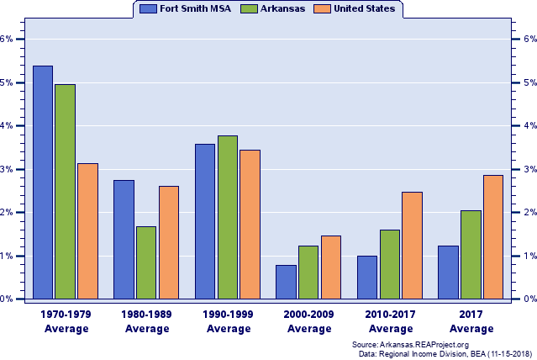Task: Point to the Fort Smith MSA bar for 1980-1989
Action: pyautogui.click(x=124, y=240)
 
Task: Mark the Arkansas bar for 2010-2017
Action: pyautogui.click(x=390, y=264)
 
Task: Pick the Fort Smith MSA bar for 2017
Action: pyautogui.click(x=448, y=273)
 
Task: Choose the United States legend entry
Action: pyautogui.click(x=355, y=8)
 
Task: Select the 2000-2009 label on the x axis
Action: pyautogui.click(x=309, y=320)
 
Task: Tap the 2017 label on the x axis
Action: pyautogui.click(x=471, y=320)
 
